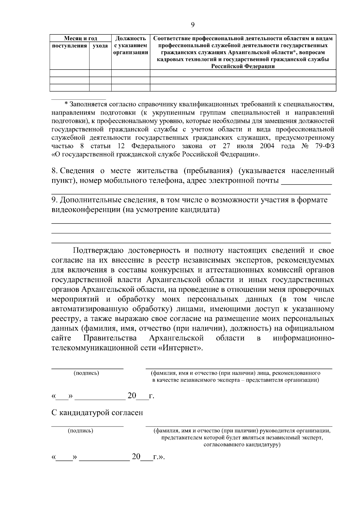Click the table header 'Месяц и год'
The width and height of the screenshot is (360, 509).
click(x=80, y=38)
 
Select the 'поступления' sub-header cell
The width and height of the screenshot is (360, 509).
click(x=69, y=46)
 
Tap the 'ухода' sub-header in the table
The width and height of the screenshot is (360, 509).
click(x=100, y=46)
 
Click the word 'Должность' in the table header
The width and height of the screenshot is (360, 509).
click(x=130, y=38)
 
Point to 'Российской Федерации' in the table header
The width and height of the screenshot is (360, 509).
click(x=243, y=67)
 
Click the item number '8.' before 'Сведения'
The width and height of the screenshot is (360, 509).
click(x=54, y=171)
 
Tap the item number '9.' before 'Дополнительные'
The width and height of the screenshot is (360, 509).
click(x=54, y=200)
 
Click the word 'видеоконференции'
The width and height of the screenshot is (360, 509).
click(x=86, y=210)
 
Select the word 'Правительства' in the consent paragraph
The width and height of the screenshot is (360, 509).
click(x=110, y=338)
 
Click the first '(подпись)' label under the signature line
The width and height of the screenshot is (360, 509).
click(x=86, y=373)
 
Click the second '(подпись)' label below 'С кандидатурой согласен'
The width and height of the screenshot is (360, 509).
click(x=81, y=431)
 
